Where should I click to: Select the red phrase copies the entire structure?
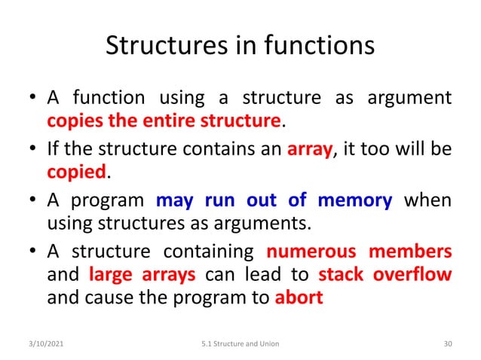tap(164, 121)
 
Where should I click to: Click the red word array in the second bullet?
tap(310, 149)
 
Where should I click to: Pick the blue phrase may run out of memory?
tap(274, 200)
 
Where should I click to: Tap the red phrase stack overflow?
tap(384, 274)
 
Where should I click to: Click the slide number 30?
tap(448, 343)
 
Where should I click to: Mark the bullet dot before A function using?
tap(32, 99)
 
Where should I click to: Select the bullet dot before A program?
tap(32, 201)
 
